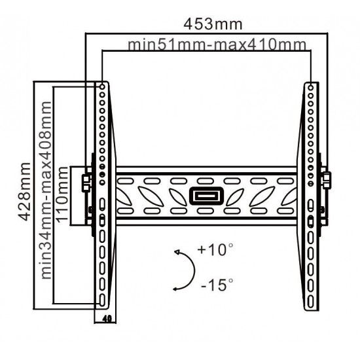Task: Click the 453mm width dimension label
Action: [x=213, y=24]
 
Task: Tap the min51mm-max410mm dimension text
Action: [x=217, y=45]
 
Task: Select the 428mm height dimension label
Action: [x=25, y=192]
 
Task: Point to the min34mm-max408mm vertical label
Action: [x=45, y=190]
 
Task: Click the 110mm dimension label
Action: [x=62, y=194]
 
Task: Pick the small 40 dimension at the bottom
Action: [x=107, y=319]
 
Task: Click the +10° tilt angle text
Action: [x=215, y=249]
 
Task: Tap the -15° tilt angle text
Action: [x=217, y=285]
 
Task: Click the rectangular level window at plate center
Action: [x=206, y=196]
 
